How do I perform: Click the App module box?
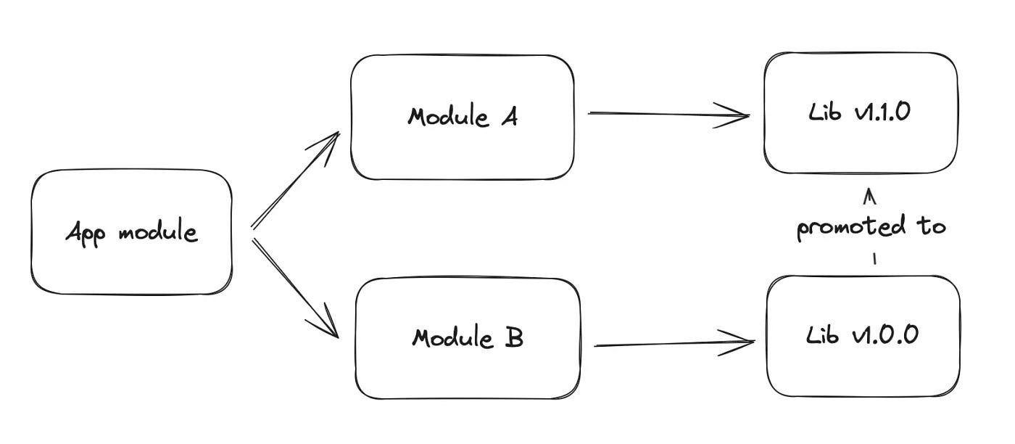point(131,232)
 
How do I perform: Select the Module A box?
point(462,117)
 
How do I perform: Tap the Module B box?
point(468,338)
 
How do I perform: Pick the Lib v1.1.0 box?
point(860,112)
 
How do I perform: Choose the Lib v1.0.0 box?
point(863,335)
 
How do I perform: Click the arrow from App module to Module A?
point(295,181)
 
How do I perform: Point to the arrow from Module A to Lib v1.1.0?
point(667,114)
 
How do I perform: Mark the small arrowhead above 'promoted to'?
point(871,196)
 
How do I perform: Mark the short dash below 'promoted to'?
point(874,258)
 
